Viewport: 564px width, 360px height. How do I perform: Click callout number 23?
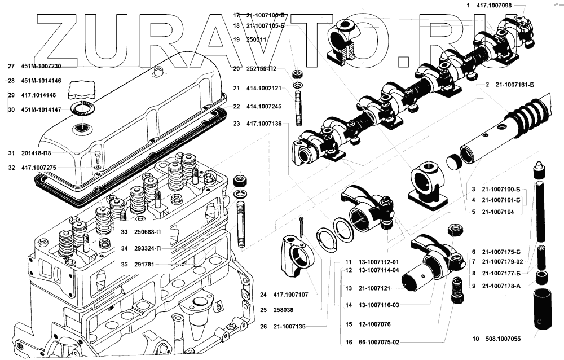pyautogui.click(x=236, y=124)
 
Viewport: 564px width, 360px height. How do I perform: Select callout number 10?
pyautogui.click(x=475, y=339)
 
